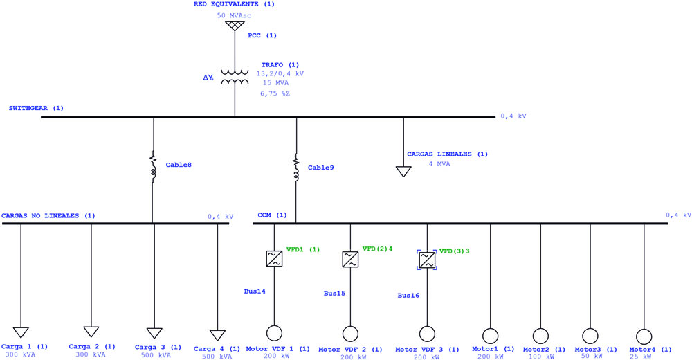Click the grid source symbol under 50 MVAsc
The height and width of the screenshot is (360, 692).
click(235, 26)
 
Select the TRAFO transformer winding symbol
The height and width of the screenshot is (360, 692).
click(235, 78)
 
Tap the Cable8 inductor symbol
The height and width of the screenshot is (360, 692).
click(153, 168)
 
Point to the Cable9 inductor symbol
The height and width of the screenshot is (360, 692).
click(296, 168)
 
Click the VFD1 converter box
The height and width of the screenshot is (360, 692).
click(274, 258)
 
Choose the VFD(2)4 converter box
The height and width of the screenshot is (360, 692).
click(350, 260)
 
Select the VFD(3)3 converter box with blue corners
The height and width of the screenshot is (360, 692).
click(427, 260)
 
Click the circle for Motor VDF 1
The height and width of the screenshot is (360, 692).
click(274, 334)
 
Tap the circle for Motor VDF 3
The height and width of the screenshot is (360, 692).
click(427, 334)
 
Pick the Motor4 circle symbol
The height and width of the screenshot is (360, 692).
click(644, 336)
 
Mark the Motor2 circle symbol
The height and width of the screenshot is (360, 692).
click(540, 336)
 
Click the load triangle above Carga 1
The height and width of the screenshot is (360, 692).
click(21, 332)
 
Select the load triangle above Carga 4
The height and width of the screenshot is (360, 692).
click(217, 335)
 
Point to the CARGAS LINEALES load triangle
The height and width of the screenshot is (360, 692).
click(403, 172)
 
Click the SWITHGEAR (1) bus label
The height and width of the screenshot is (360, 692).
click(36, 108)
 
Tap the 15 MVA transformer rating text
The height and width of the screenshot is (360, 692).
click(276, 83)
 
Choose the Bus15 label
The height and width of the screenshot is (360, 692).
click(334, 294)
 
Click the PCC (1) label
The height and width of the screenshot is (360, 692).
click(262, 35)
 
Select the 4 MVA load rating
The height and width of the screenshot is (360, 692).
click(439, 164)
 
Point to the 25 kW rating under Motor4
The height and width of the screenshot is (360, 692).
click(640, 357)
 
